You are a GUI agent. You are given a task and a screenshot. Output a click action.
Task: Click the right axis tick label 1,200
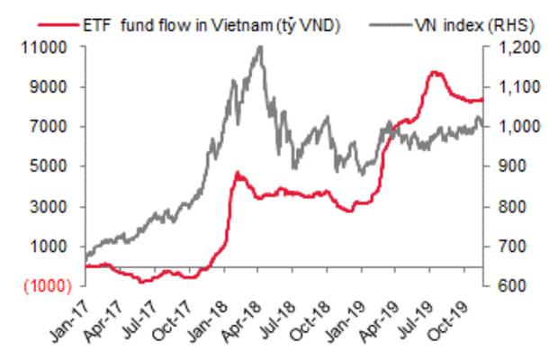508,48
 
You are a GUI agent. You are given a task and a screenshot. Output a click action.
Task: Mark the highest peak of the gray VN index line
260,47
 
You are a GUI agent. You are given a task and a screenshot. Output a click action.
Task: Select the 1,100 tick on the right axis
508,87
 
